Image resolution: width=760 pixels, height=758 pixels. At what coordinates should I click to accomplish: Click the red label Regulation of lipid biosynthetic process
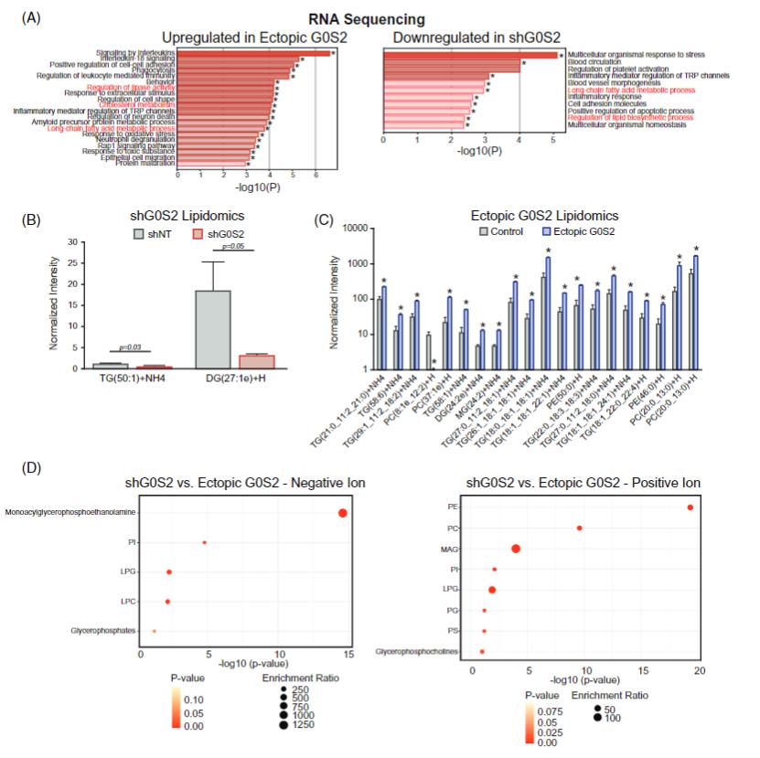tap(630, 117)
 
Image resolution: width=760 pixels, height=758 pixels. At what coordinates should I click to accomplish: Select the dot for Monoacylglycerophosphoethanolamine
tap(343, 513)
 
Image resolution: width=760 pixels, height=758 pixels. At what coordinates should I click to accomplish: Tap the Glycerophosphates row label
tap(101, 631)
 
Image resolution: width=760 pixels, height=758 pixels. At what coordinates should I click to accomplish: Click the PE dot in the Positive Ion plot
tap(690, 507)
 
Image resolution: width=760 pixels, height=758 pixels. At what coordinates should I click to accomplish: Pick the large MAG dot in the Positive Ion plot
tap(516, 549)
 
